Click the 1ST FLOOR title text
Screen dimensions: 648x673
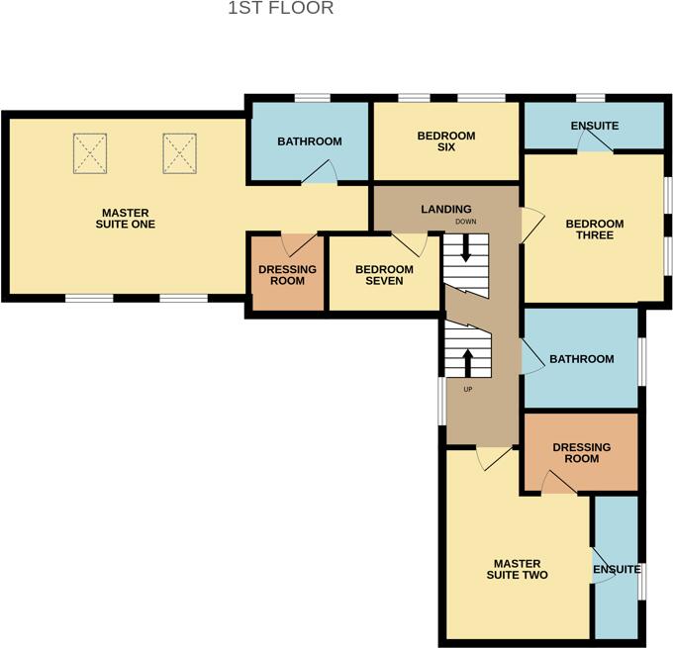pyautogui.click(x=281, y=9)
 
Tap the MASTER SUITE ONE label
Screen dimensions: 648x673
pyautogui.click(x=129, y=218)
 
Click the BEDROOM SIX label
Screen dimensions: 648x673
pyautogui.click(x=445, y=141)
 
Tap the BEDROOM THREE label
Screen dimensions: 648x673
pyautogui.click(x=594, y=230)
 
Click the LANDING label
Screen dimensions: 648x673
pyautogui.click(x=445, y=209)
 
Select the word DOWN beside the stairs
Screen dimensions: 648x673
pyautogui.click(x=466, y=222)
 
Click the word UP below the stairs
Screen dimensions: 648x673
pyautogui.click(x=468, y=389)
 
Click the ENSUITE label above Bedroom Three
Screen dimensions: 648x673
pyautogui.click(x=595, y=126)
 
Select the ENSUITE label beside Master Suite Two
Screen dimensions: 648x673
pyautogui.click(x=616, y=570)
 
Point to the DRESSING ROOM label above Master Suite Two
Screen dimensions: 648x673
pyautogui.click(x=581, y=453)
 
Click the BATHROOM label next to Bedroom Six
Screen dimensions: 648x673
pyautogui.click(x=309, y=141)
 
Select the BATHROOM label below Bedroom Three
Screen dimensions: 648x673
pyautogui.click(x=582, y=359)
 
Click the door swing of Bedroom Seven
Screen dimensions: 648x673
pyautogui.click(x=408, y=242)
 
